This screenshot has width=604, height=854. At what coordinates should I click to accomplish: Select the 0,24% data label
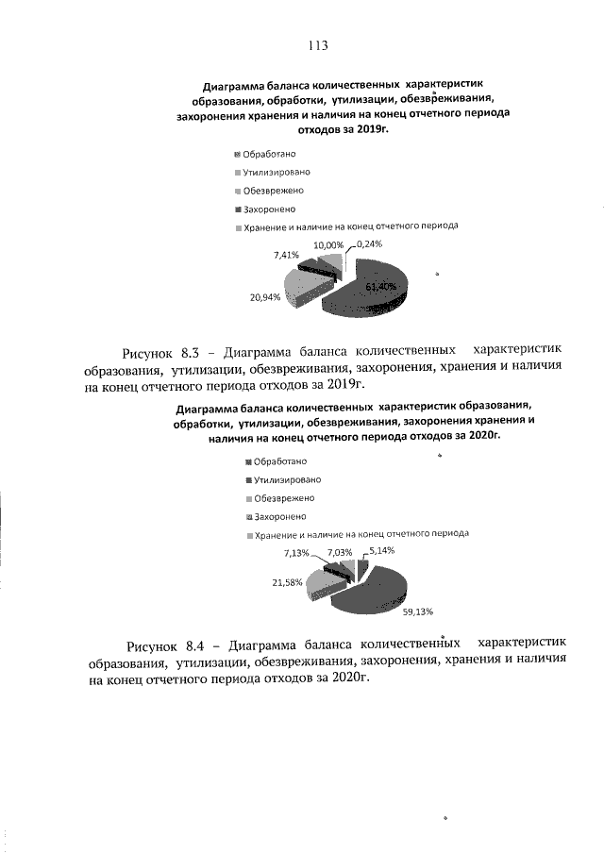tap(370, 243)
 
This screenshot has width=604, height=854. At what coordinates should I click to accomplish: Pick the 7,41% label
tap(286, 256)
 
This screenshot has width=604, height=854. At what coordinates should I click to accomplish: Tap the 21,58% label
tap(287, 583)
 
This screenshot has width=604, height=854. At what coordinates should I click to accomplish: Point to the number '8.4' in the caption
tap(194, 645)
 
